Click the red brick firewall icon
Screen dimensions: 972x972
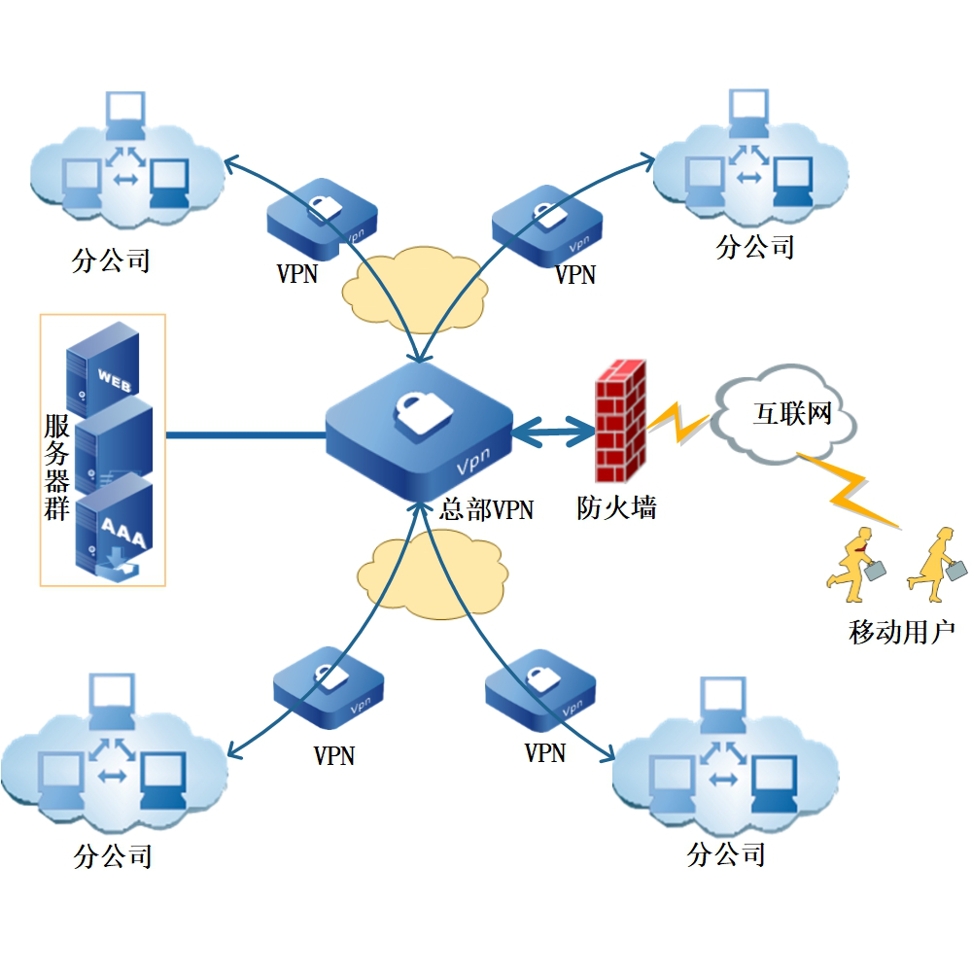(x=620, y=423)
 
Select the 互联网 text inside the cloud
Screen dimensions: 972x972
(x=793, y=414)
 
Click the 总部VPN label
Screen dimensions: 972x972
(x=486, y=509)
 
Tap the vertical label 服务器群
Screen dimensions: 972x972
(x=56, y=467)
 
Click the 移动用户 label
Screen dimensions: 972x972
(x=901, y=633)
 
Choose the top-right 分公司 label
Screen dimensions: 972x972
(x=755, y=246)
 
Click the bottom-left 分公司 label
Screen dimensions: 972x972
(x=114, y=855)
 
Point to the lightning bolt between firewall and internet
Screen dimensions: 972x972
(x=677, y=423)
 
